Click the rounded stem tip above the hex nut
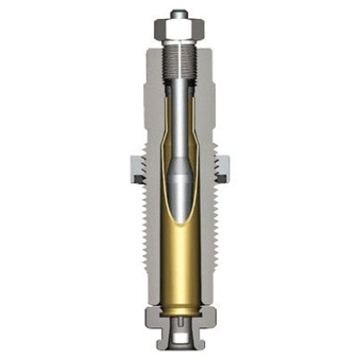click(x=179, y=14)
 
